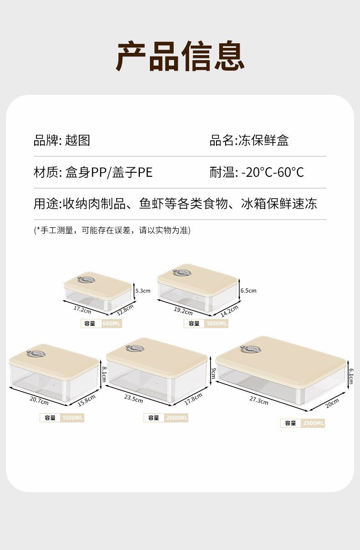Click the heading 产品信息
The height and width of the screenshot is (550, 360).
(x=180, y=57)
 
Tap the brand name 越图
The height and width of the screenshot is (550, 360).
(x=77, y=140)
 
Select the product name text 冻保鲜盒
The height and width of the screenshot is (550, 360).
(x=263, y=140)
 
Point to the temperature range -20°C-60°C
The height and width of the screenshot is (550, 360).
(x=273, y=172)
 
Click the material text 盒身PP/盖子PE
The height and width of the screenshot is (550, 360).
(x=109, y=172)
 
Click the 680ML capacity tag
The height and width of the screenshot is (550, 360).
(x=112, y=324)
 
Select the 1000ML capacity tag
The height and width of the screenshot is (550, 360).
(x=216, y=324)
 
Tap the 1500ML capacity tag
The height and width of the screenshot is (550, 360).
(x=73, y=418)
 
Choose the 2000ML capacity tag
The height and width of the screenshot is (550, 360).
(x=177, y=418)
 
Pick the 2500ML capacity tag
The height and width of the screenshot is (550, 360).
(x=314, y=423)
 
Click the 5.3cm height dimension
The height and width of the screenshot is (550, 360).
(x=143, y=290)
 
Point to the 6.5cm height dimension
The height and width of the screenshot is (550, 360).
(x=248, y=290)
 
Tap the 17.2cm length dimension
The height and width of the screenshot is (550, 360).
(x=82, y=309)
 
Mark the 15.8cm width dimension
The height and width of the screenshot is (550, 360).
(x=87, y=401)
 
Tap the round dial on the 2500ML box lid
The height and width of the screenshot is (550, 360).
(x=251, y=349)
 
